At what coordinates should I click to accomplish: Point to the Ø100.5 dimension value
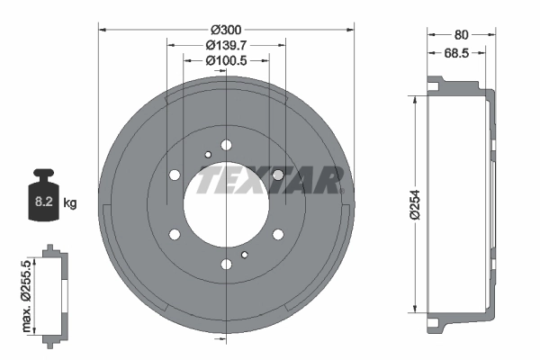(x=227, y=60)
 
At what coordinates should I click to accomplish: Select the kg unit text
(x=71, y=202)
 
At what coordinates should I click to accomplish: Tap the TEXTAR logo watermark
(x=270, y=180)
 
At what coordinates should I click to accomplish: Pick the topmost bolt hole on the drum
(x=226, y=145)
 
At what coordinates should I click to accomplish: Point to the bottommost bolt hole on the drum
(x=226, y=265)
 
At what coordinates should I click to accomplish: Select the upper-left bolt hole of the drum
(x=175, y=175)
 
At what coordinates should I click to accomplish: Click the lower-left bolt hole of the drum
(x=175, y=235)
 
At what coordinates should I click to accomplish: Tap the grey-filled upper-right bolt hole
(x=278, y=175)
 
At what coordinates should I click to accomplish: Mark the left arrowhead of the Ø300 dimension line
(x=101, y=30)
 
